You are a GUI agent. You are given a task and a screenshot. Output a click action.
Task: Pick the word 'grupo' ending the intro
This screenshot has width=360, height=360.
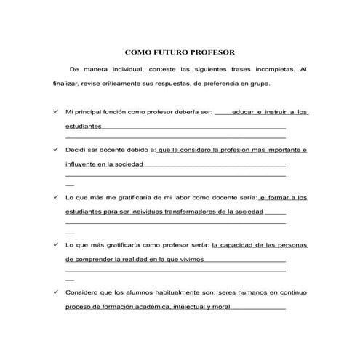[x=257, y=84]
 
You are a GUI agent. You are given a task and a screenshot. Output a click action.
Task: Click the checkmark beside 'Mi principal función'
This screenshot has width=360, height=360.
[x=57, y=113]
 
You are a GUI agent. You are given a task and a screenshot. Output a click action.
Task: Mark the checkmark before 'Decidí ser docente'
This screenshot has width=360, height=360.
[x=57, y=150]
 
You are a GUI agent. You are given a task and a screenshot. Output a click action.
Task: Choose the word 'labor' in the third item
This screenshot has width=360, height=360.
[x=177, y=197]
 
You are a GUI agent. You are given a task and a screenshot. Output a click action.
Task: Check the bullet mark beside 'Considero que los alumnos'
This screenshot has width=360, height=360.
[x=57, y=292]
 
